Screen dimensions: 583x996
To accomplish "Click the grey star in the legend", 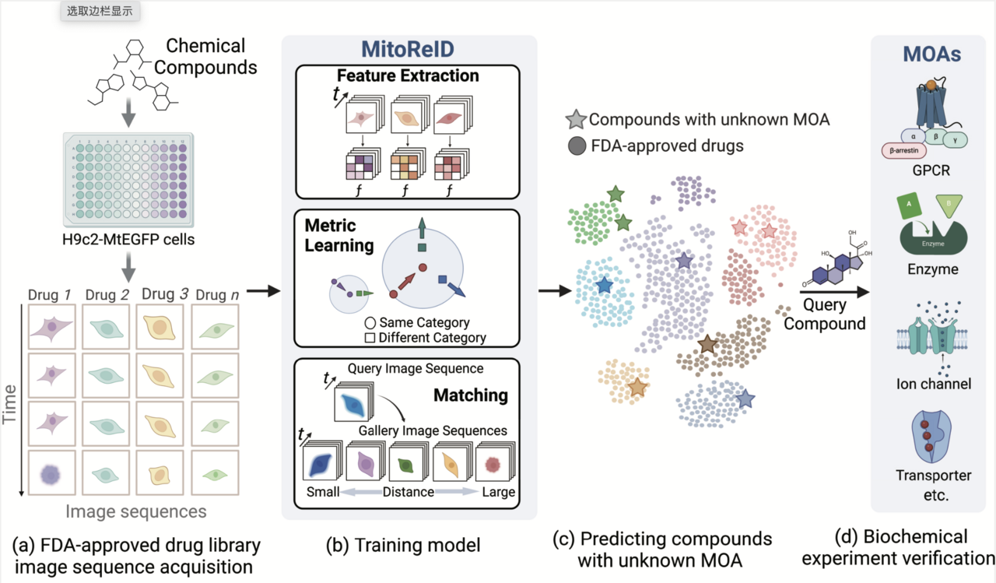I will pos(577,120).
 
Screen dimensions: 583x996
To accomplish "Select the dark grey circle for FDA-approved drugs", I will pos(577,146).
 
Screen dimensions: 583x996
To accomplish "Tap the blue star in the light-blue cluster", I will pos(604,286).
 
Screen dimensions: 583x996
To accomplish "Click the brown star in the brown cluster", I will pos(707,343).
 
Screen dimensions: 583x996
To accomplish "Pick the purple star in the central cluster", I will pos(683,261).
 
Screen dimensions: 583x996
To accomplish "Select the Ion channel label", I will pos(933,383).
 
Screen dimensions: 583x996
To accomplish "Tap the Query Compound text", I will pos(825,314).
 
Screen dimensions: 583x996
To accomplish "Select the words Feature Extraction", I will pos(408,76).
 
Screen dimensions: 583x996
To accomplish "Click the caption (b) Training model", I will pos(403,545).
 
